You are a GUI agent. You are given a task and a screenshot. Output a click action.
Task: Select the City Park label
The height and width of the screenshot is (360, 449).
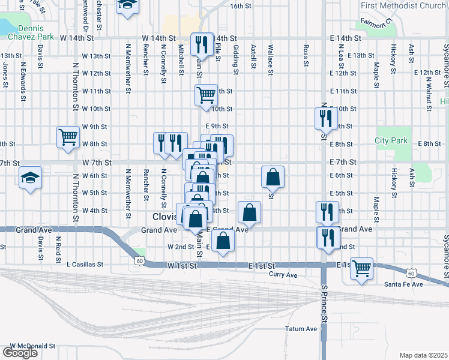coord(391,140)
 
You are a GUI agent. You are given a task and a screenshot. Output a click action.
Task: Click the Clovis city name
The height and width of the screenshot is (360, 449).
coord(163,217)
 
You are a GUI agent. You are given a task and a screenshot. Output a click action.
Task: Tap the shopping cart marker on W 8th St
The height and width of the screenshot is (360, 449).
coord(68,137)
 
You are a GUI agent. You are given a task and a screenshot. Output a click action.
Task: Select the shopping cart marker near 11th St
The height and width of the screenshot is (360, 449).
coord(206,94)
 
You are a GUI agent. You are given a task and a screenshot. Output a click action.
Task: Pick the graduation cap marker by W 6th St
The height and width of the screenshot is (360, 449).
coord(30,177)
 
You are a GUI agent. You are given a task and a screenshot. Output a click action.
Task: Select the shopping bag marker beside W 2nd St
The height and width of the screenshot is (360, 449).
coord(223,241)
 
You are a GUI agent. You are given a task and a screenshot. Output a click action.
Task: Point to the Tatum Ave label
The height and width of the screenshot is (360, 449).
coord(301,329)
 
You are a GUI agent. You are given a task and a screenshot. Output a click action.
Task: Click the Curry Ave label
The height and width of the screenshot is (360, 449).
coord(283,275)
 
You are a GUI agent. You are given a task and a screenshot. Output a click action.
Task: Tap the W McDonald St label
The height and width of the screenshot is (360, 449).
coord(32,346)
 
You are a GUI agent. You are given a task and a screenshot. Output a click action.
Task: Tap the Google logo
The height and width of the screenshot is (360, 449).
coord(20,353)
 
